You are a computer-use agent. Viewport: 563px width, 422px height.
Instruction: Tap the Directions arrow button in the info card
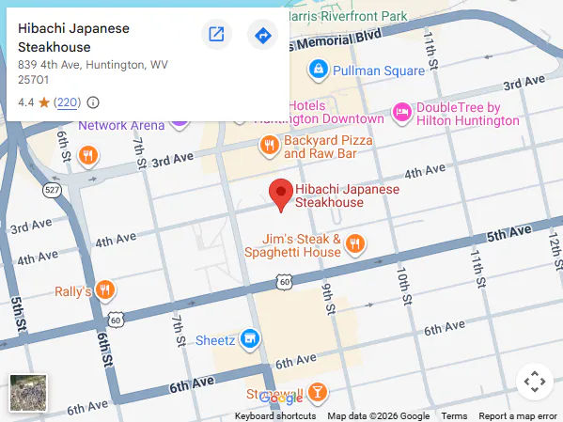(x=262, y=36)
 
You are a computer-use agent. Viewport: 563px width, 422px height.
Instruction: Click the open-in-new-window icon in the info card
(x=216, y=36)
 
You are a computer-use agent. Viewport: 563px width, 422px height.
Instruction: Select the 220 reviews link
(x=68, y=102)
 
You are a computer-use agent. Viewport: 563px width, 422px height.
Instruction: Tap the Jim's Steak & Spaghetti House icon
(x=354, y=244)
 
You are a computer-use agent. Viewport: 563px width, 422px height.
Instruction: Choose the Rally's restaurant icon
(x=105, y=291)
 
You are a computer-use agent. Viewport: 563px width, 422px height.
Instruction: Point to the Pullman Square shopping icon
(x=319, y=70)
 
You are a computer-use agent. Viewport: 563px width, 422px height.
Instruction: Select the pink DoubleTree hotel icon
(x=401, y=113)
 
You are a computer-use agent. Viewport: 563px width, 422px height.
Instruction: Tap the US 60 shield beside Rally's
(x=115, y=320)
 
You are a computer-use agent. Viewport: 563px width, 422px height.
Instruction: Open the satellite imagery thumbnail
(x=28, y=393)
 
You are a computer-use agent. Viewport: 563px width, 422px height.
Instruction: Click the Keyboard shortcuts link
(x=275, y=416)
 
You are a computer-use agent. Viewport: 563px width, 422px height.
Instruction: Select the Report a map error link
(x=518, y=416)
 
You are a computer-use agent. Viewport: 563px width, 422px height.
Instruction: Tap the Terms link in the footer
(x=454, y=416)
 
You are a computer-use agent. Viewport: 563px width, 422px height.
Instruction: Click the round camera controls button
(x=534, y=382)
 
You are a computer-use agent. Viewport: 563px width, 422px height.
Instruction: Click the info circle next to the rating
(x=93, y=102)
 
